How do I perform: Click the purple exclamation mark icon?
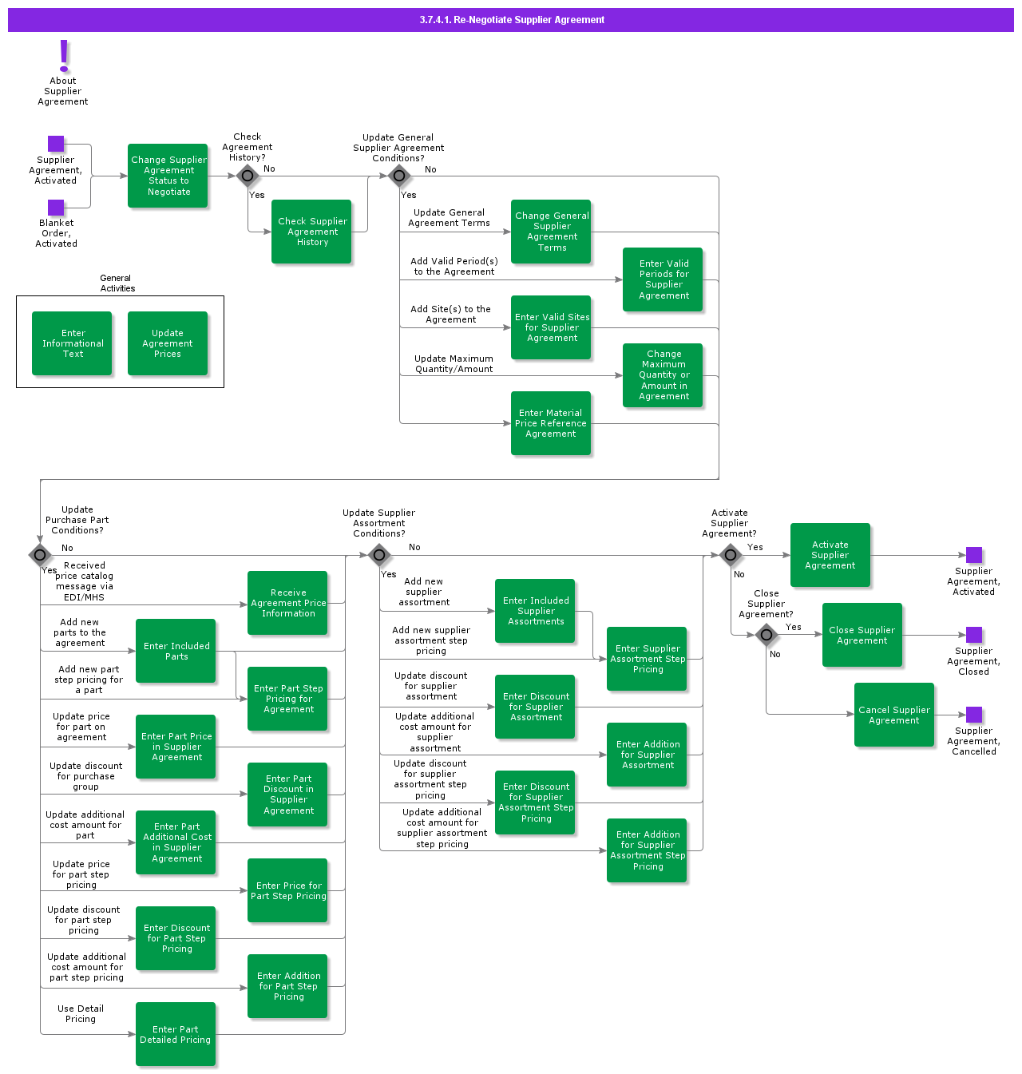click(64, 56)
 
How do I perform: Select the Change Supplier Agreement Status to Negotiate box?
click(168, 176)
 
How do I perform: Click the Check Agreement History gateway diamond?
click(248, 176)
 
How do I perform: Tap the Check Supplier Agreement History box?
click(311, 232)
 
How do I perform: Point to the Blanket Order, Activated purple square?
click(56, 208)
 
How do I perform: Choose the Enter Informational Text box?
click(72, 343)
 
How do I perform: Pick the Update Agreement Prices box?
click(168, 343)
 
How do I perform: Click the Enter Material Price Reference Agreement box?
click(551, 423)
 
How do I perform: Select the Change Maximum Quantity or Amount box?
click(663, 375)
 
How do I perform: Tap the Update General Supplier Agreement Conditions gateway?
click(399, 176)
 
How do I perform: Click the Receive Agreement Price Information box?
click(287, 603)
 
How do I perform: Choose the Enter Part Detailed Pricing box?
click(176, 1034)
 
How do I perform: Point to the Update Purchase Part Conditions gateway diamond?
click(40, 555)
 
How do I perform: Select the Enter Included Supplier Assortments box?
click(535, 611)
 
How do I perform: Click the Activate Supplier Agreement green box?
click(830, 555)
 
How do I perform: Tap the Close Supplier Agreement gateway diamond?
click(766, 635)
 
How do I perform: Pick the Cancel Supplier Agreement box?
click(894, 715)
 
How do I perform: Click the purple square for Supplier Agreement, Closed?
click(974, 635)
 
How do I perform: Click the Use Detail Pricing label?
click(81, 1014)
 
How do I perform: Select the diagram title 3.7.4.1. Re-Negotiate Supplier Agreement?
click(511, 20)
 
